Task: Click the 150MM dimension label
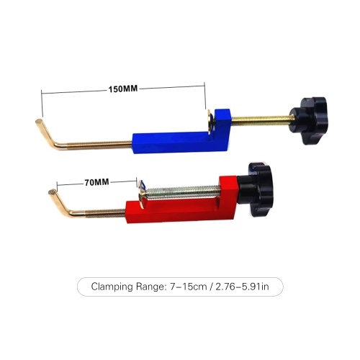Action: tap(123, 89)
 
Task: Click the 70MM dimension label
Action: tap(96, 182)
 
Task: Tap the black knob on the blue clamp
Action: tap(309, 120)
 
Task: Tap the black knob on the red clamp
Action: tap(256, 189)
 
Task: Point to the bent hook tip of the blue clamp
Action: tap(38, 122)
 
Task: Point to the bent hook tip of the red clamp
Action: tap(52, 192)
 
